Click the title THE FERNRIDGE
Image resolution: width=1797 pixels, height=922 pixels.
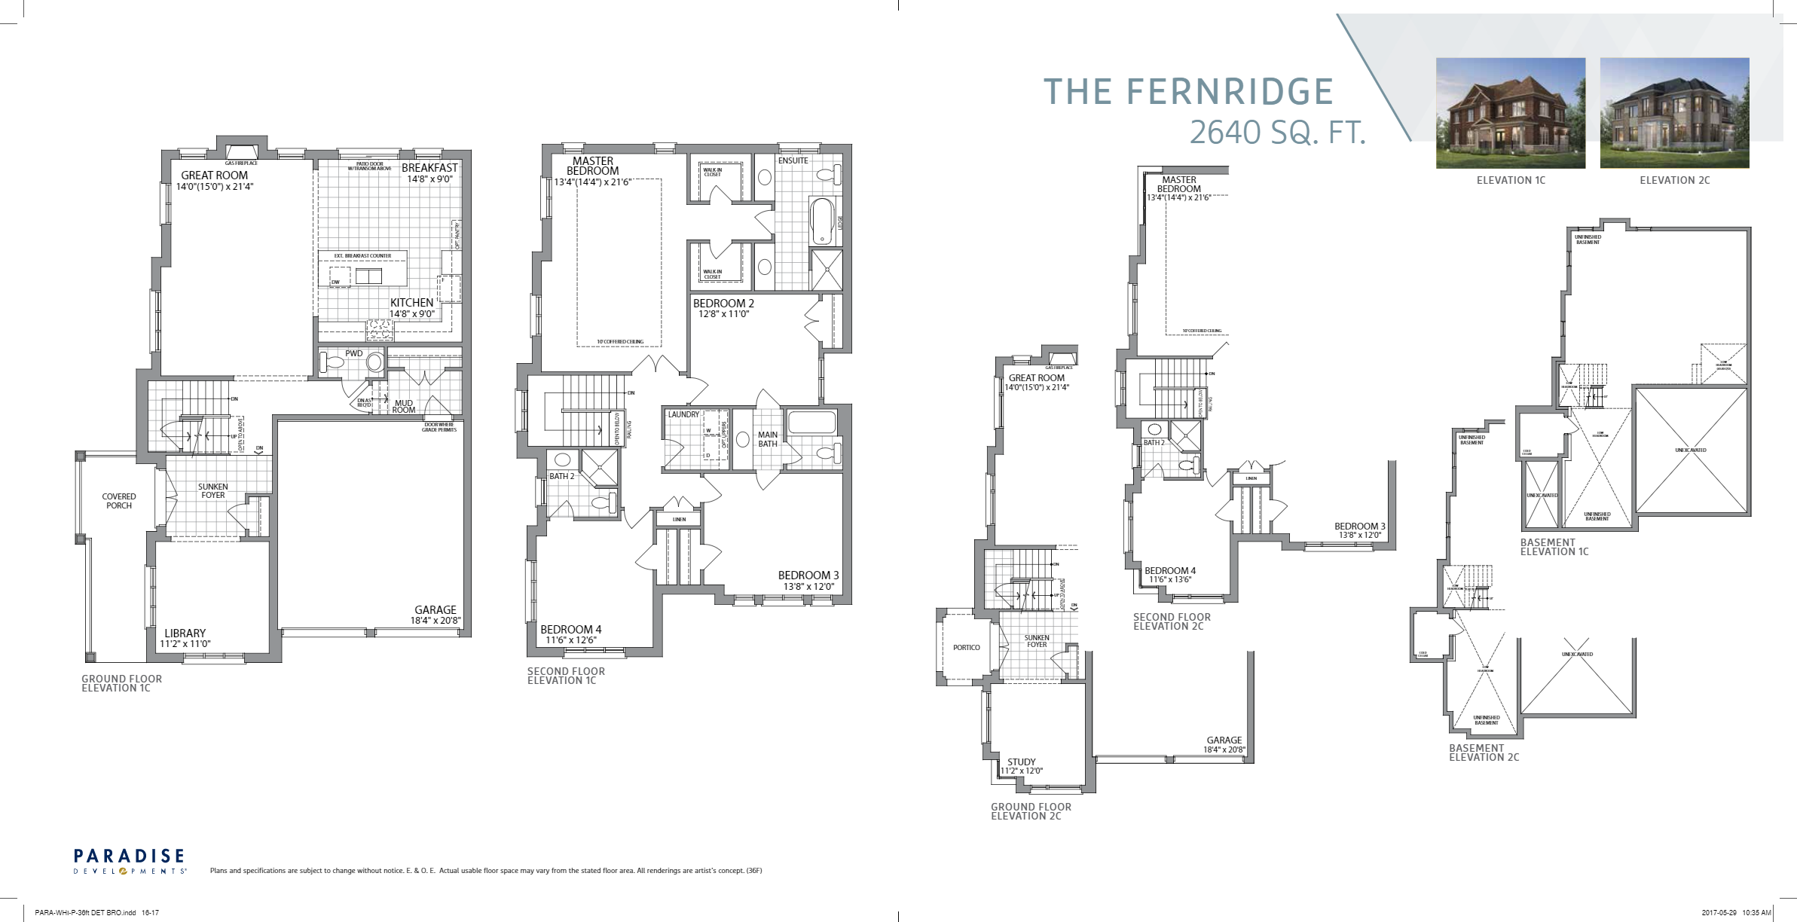click(x=1188, y=92)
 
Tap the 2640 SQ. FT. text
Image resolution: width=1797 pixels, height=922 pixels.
click(x=1277, y=133)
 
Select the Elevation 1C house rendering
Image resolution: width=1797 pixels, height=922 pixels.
click(x=1510, y=113)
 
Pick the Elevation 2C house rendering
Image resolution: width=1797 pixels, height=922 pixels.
click(x=1674, y=113)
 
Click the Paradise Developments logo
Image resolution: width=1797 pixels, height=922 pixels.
click(x=130, y=861)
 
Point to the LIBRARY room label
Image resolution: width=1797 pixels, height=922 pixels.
click(x=185, y=633)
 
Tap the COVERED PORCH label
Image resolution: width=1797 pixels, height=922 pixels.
click(x=119, y=501)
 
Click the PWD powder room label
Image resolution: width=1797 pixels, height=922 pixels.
click(x=354, y=353)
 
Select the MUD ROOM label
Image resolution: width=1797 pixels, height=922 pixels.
click(x=404, y=407)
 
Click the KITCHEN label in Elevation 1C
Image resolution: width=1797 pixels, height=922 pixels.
click(x=411, y=303)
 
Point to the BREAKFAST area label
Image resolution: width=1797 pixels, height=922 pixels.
click(x=429, y=168)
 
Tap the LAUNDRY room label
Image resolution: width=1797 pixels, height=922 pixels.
click(x=683, y=414)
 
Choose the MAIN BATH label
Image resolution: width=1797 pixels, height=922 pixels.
click(x=768, y=439)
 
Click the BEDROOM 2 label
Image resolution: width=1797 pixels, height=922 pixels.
click(x=723, y=304)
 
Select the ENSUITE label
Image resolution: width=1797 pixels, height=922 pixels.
click(x=793, y=160)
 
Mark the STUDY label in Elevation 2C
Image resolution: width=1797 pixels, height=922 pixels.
click(x=1021, y=762)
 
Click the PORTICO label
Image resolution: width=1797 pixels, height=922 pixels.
click(x=966, y=647)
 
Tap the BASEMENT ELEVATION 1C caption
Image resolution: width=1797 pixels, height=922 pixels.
click(x=1554, y=547)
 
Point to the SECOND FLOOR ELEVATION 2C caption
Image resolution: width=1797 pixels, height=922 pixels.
click(x=1172, y=621)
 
